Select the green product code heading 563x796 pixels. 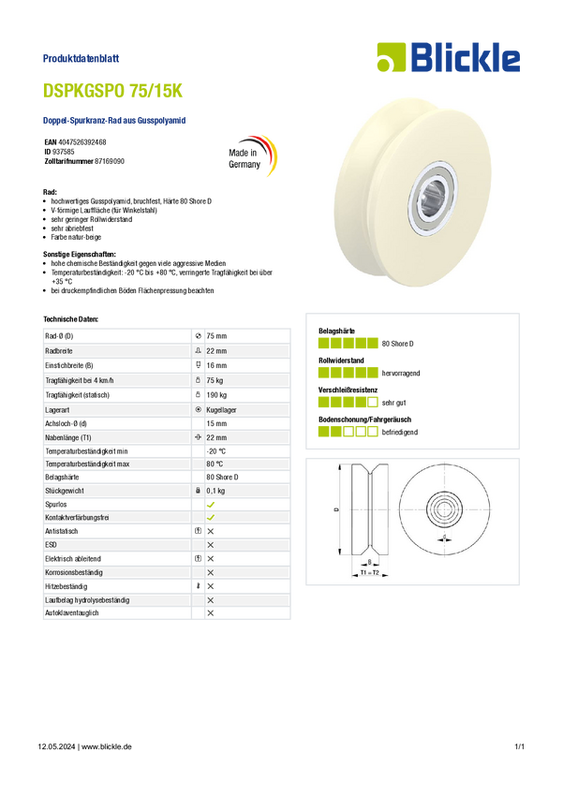(x=115, y=92)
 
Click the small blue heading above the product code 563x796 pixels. (x=82, y=58)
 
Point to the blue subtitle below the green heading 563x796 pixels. (x=115, y=120)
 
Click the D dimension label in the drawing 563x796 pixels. (x=335, y=512)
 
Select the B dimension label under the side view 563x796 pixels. (x=370, y=562)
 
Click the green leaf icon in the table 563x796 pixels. (x=212, y=504)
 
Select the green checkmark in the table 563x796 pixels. (x=212, y=517)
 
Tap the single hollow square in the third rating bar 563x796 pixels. (x=373, y=403)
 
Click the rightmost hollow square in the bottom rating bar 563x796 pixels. (x=373, y=433)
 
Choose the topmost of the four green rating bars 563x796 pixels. (x=348, y=342)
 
